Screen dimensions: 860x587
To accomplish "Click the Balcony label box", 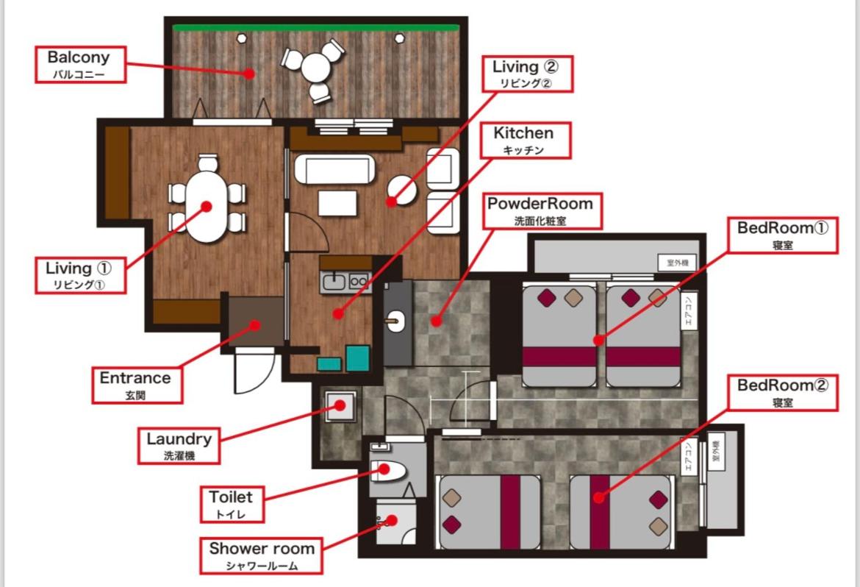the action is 81,65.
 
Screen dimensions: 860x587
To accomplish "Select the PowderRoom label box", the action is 540,211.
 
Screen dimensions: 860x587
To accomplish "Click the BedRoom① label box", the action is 783,235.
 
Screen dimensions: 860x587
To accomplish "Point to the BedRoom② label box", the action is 783,393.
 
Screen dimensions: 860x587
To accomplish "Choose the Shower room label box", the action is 261,555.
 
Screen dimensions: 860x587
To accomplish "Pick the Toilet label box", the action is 232,504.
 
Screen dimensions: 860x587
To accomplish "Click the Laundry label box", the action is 179,446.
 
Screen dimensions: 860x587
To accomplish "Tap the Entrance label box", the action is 137,385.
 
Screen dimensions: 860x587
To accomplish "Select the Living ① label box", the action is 80,275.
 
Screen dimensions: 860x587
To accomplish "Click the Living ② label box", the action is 527,74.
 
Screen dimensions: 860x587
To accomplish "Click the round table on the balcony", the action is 315,68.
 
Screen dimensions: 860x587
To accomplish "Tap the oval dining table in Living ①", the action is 206,207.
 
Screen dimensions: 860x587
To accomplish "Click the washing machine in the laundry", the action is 340,406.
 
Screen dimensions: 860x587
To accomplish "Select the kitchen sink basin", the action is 334,282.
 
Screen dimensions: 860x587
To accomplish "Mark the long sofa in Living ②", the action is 334,169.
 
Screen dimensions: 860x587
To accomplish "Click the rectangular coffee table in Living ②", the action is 337,202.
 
